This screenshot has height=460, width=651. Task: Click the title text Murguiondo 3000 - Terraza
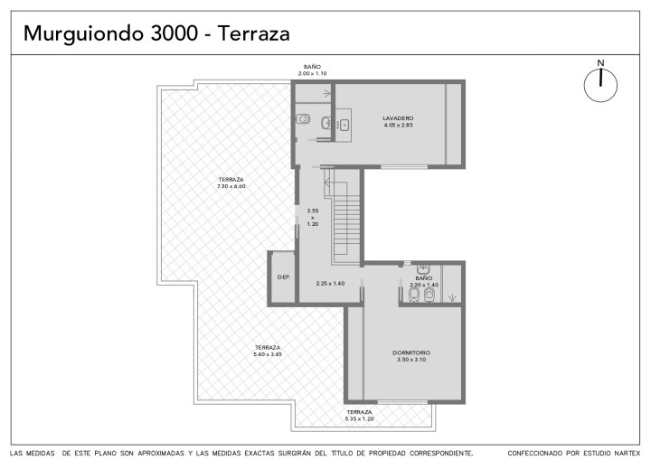click(156, 33)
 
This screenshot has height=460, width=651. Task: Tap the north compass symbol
click(600, 82)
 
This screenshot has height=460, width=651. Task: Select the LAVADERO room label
click(398, 118)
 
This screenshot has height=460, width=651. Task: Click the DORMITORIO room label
click(411, 352)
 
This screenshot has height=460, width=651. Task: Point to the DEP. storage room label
click(284, 277)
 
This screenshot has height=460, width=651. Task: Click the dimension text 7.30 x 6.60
click(231, 186)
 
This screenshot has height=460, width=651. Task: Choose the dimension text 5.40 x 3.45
click(268, 354)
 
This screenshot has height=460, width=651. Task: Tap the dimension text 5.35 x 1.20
click(359, 419)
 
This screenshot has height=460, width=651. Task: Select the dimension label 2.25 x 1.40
click(330, 284)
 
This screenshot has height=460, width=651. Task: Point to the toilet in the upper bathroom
click(304, 119)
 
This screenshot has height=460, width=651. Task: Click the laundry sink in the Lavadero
click(344, 125)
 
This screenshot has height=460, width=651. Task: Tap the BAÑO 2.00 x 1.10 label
click(312, 70)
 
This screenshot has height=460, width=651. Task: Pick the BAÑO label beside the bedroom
click(423, 278)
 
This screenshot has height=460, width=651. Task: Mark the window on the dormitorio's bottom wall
click(402, 401)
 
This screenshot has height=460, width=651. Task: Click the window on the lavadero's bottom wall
click(404, 166)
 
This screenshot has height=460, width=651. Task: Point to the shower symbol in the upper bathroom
click(326, 94)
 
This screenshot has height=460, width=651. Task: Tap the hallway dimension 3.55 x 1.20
click(313, 217)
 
